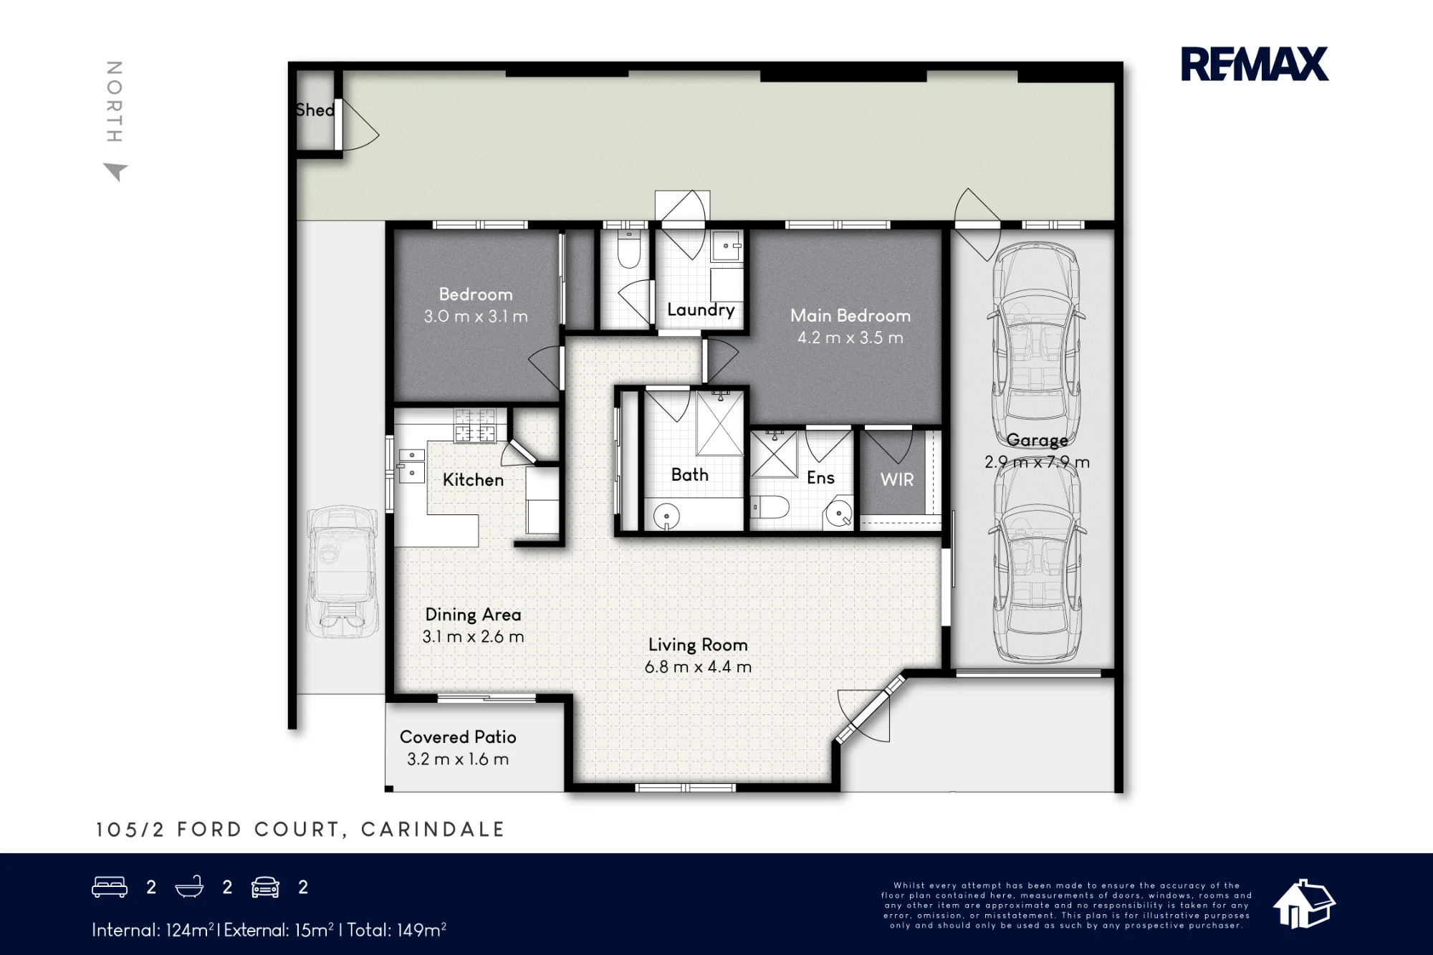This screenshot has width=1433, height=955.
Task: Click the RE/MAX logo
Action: [1255, 64]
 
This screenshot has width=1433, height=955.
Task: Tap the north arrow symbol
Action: [116, 172]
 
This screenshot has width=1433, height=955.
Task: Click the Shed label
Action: [315, 110]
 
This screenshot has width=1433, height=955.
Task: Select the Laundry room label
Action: [701, 309]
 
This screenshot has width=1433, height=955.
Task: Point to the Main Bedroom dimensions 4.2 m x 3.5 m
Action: [850, 337]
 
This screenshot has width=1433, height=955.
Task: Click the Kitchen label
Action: [473, 479]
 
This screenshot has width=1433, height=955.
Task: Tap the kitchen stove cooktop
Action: [475, 426]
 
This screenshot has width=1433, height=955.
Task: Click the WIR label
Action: [897, 479]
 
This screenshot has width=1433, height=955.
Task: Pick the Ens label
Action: [820, 478]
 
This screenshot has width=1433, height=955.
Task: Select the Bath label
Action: [689, 474]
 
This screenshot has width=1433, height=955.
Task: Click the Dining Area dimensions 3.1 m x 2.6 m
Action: [473, 636]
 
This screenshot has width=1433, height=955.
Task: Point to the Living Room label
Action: [698, 645]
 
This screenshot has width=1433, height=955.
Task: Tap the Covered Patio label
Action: [458, 736]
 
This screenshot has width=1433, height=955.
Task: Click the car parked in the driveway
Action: [342, 571]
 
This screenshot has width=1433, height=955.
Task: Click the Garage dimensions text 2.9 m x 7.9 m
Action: [1037, 462]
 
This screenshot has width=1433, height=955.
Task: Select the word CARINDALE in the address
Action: [433, 830]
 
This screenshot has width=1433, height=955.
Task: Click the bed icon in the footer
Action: [110, 887]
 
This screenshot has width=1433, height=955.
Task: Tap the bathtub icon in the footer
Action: [190, 887]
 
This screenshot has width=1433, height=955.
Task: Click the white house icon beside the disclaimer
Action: [1303, 904]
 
